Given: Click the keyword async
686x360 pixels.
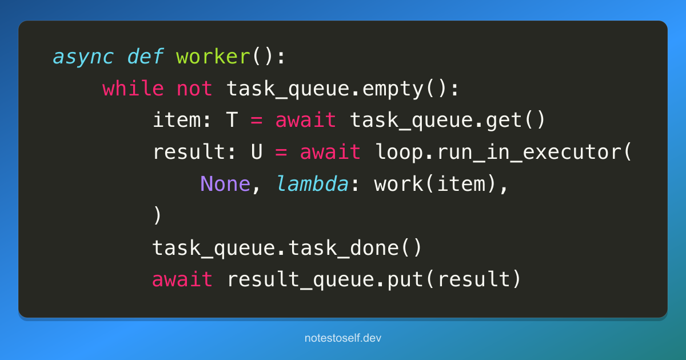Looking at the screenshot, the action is (83, 57).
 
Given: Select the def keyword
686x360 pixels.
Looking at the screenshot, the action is (145, 57).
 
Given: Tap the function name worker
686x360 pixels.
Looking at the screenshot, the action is (213, 57).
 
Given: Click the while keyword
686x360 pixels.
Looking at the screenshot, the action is (133, 89).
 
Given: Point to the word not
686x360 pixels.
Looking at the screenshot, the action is (194, 89).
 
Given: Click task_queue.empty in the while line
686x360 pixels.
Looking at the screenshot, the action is (325, 89).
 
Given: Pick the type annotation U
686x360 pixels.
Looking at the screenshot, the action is (257, 152).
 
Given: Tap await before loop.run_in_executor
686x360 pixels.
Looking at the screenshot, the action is (330, 152).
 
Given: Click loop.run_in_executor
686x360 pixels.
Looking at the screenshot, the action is (498, 152).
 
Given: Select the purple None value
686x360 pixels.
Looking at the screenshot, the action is (225, 184).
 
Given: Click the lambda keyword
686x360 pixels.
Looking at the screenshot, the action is (312, 183).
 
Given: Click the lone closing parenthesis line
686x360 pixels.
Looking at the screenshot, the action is (157, 215).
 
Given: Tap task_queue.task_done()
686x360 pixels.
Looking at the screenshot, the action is (287, 248).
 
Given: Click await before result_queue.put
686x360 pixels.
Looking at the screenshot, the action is (182, 279).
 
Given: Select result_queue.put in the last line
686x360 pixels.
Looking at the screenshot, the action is (325, 280).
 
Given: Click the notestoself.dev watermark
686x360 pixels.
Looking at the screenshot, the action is (343, 338).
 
